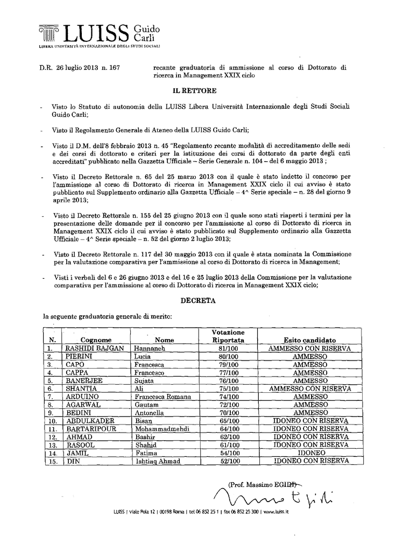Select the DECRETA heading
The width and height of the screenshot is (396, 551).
coord(198,301)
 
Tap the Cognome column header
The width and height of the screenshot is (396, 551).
coord(96,340)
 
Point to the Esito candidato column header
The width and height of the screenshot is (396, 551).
coord(309,340)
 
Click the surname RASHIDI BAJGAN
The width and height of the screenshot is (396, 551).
coord(95,348)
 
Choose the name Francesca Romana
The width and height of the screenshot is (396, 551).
coord(163,397)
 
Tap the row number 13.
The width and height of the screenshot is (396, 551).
coord(53,446)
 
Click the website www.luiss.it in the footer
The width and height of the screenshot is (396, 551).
coord(276,513)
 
